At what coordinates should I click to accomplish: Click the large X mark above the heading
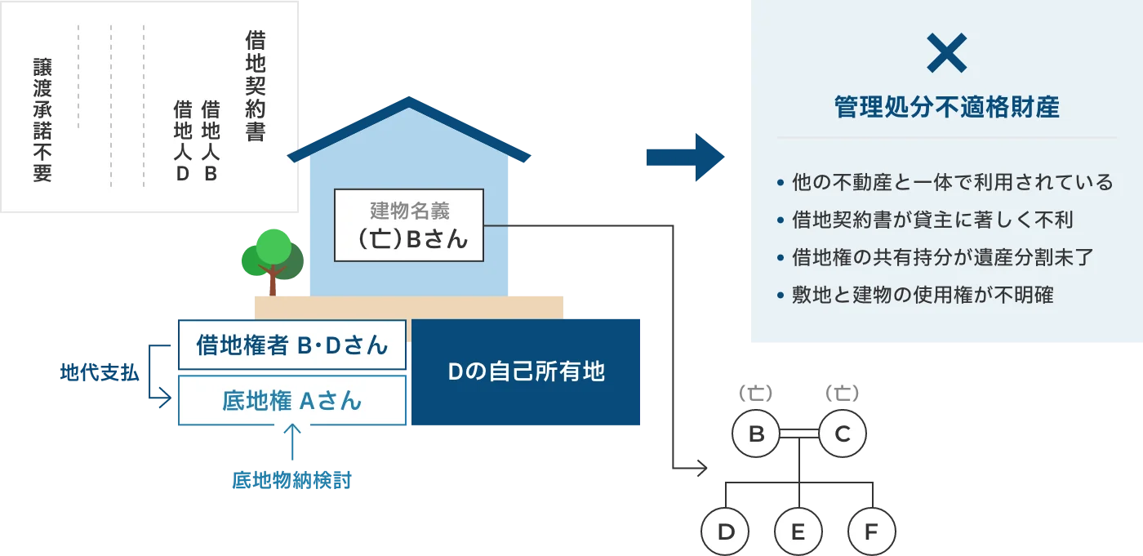pos(947,54)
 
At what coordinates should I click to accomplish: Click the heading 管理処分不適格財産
pos(947,108)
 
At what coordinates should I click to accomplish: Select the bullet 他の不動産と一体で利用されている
pos(952,182)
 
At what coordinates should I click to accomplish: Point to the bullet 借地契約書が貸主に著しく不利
pos(932,220)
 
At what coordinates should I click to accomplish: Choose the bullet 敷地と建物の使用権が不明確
pos(923,295)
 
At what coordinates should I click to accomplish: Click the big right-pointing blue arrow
pos(685,157)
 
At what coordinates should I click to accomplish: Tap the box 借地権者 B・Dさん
pos(291,345)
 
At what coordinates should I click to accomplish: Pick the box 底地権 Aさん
pos(291,400)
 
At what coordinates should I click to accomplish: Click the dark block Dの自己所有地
pos(526,372)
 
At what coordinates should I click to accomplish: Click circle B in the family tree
pos(756,434)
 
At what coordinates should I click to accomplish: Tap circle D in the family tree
pos(726,533)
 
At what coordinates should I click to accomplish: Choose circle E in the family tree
pos(798,533)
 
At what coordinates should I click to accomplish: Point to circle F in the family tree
pos(871,533)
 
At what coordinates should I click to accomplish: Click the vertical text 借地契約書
pos(256,86)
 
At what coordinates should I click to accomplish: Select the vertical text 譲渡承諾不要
pos(42,118)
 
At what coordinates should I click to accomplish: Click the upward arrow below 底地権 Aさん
pos(291,445)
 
